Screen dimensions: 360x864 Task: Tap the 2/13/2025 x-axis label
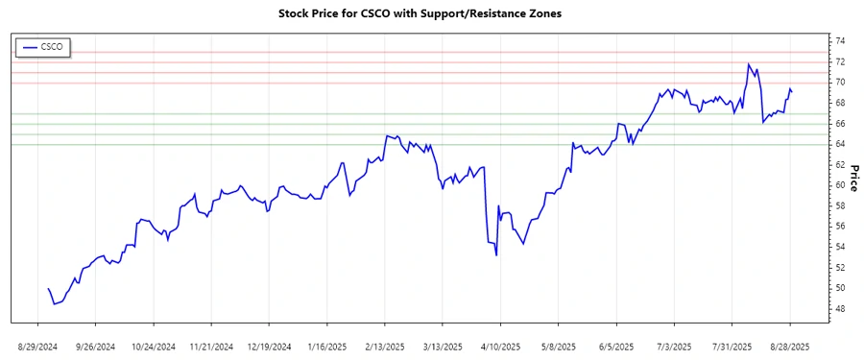click(384, 346)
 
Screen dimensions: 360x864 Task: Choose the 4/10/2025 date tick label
click(500, 346)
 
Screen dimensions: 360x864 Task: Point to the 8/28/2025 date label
click(790, 346)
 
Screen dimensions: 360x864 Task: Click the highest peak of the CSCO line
click(748, 64)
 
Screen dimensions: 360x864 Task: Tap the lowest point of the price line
click(55, 304)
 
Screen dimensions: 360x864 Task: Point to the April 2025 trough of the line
click(496, 255)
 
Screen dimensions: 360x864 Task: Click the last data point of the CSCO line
click(792, 91)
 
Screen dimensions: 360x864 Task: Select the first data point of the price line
click(48, 288)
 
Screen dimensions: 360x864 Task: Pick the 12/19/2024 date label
click(268, 346)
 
